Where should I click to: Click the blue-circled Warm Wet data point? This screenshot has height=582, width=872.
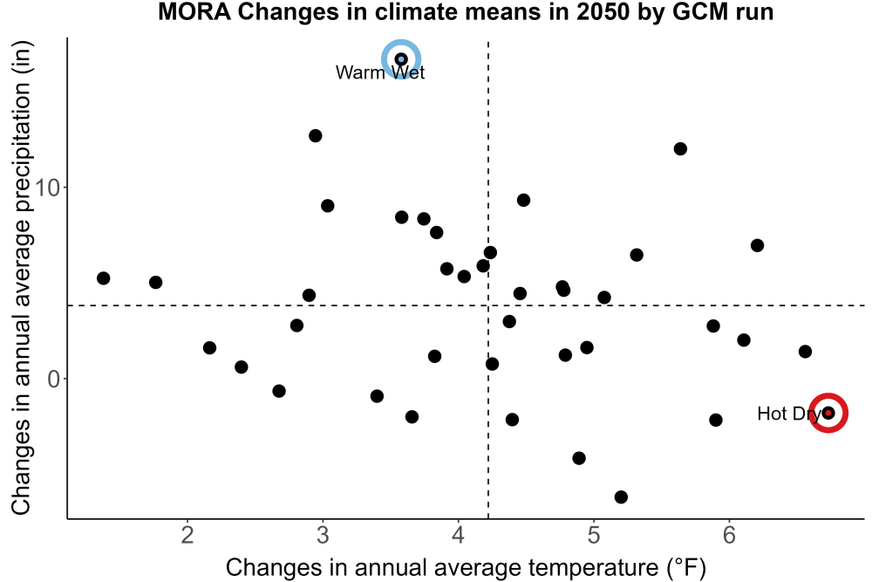(401, 59)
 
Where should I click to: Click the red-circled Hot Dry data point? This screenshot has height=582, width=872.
(828, 413)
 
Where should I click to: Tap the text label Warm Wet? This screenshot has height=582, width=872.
(380, 72)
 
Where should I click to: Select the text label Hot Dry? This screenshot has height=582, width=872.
(789, 414)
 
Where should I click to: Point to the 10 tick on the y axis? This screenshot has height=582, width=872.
(47, 188)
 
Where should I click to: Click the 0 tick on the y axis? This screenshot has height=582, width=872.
(54, 379)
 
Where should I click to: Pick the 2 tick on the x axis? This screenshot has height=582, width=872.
(187, 535)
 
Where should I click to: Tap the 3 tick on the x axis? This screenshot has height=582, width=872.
(323, 535)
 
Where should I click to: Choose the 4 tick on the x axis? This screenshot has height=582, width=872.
(459, 535)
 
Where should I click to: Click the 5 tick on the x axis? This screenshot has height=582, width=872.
(593, 535)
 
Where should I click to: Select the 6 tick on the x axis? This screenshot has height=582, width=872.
(728, 535)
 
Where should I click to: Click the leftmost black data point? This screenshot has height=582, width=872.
(104, 278)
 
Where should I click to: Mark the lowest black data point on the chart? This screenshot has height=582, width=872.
(621, 496)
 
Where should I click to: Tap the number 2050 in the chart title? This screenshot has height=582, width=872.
(604, 11)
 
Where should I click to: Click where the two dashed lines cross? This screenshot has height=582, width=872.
(488, 305)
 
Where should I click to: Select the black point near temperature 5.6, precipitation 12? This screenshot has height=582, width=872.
(680, 148)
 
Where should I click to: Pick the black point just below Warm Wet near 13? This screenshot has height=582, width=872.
(316, 136)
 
